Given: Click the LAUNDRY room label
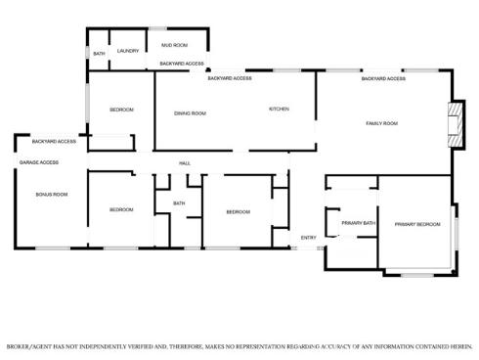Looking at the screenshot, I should click(x=128, y=51).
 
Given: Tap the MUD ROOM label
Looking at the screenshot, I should click(x=176, y=45).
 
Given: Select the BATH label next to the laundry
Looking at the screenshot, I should click(x=99, y=54).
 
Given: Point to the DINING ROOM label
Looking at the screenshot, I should click(x=190, y=113).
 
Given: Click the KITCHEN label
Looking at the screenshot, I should click(x=280, y=109).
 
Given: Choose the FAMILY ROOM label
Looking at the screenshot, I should click(x=381, y=123).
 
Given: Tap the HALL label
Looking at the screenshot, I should click(x=184, y=162).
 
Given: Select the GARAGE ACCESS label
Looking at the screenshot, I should click(x=39, y=162).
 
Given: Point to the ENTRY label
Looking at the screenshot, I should click(x=308, y=238).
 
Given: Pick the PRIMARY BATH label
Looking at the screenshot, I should click(x=358, y=224).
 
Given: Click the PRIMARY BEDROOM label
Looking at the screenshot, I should click(x=414, y=224).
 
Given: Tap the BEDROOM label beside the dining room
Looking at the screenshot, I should click(x=121, y=110).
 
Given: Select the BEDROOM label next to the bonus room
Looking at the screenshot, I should click(x=121, y=210).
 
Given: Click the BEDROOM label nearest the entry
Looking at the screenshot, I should click(x=239, y=212).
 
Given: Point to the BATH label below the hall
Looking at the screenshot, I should click(x=179, y=203).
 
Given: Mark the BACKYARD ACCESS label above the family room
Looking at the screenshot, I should click(x=383, y=79).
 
